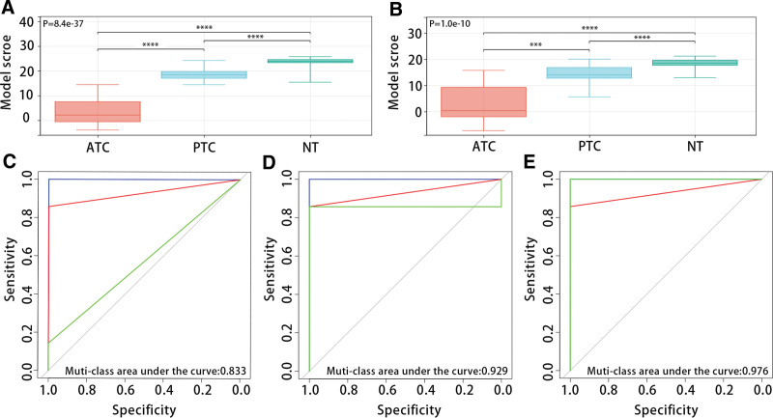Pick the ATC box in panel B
coord(482,100)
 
